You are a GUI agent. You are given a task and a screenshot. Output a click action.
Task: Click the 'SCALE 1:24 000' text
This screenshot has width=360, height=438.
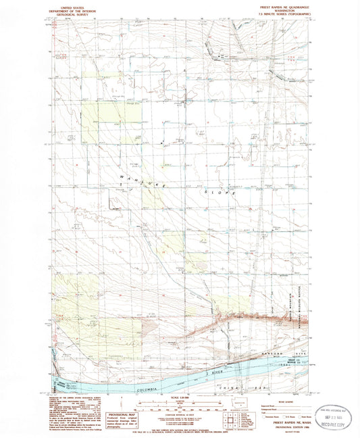(x=178, y=396)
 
